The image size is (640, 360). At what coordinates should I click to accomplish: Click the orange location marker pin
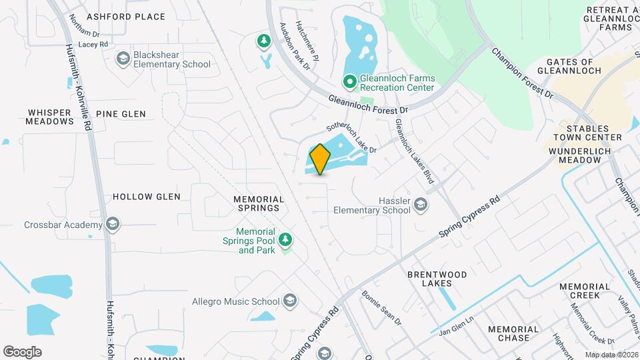click(x=320, y=159)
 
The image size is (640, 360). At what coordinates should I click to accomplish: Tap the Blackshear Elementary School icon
click(x=123, y=59)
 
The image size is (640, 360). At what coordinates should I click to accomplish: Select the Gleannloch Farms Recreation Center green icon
click(x=349, y=82)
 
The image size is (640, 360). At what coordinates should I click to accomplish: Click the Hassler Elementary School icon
click(x=421, y=205)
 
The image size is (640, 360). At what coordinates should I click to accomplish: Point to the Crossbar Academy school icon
click(x=113, y=225)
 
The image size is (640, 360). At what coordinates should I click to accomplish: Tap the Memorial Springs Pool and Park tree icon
click(x=285, y=239)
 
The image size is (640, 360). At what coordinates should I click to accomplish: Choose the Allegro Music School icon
click(x=290, y=301)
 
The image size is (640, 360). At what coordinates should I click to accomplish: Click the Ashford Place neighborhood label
click(x=117, y=16)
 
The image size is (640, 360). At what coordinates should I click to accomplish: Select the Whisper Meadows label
click(x=50, y=117)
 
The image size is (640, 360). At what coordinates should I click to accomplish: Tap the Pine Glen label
click(x=121, y=114)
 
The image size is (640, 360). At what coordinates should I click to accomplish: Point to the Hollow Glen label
click(x=147, y=197)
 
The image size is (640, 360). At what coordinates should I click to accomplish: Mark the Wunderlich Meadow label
click(x=585, y=157)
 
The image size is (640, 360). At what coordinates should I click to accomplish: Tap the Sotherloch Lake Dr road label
click(x=351, y=138)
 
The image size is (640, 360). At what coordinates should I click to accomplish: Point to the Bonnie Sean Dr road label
click(x=381, y=307)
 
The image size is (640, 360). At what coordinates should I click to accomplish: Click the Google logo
click(x=22, y=352)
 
